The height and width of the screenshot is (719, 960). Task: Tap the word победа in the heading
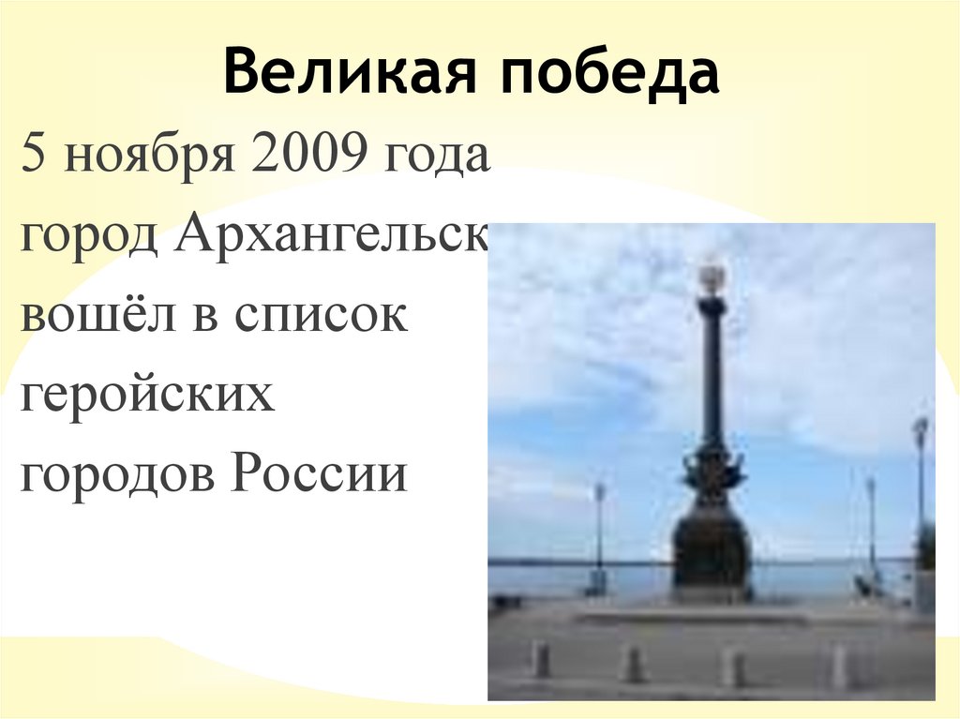pos(608,74)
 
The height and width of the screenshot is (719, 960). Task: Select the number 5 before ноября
pos(34,155)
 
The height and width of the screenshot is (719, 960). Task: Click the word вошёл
pos(103,315)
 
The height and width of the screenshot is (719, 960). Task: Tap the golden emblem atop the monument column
pos(712,277)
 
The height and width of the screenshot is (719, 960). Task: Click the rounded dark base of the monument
pos(712,548)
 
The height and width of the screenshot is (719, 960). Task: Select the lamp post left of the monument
pos(599,534)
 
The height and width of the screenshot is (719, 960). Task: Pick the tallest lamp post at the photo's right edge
pos(920,487)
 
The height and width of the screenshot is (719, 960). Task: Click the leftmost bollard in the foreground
pos(539,658)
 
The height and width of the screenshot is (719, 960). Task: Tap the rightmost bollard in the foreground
pos(839,666)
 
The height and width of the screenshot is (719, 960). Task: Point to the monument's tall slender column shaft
pos(712,375)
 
